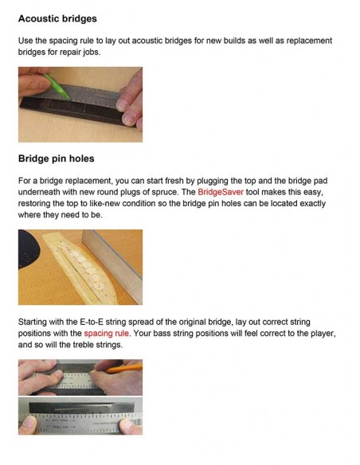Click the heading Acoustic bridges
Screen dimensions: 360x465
(57, 18)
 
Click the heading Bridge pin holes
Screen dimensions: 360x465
(57, 158)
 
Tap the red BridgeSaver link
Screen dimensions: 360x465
(221, 192)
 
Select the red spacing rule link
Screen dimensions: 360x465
(106, 334)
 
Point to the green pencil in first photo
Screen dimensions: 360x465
(57, 86)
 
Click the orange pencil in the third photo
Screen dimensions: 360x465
(124, 369)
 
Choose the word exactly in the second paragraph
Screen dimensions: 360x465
(312, 204)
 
